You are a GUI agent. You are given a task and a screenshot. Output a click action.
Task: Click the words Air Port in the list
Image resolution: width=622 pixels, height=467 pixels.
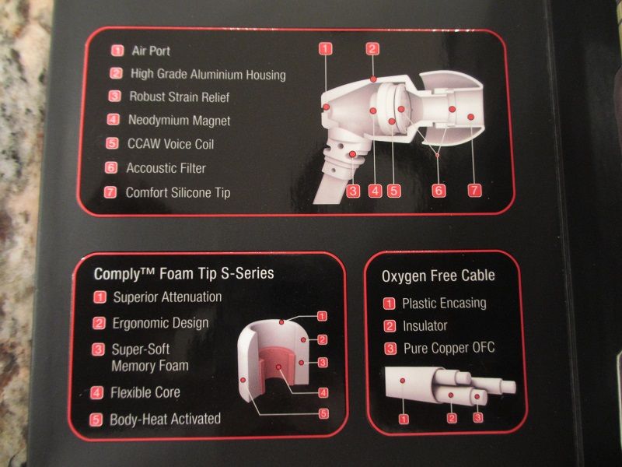[151, 51]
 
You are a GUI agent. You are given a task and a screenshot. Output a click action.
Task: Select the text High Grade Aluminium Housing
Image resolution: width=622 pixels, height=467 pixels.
[208, 74]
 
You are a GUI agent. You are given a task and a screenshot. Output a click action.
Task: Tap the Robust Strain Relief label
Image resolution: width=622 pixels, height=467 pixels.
[180, 97]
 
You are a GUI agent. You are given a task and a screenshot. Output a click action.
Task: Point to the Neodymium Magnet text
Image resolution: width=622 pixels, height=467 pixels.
[180, 120]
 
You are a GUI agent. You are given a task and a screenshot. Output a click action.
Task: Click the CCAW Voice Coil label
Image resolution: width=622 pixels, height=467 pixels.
[170, 144]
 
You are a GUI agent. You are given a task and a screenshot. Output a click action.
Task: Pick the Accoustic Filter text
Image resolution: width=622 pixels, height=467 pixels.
[166, 168]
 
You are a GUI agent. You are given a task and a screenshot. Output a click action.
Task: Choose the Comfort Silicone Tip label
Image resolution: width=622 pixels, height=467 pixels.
[178, 192]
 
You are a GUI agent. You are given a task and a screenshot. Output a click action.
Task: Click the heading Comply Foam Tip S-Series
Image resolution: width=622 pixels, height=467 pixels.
[183, 273]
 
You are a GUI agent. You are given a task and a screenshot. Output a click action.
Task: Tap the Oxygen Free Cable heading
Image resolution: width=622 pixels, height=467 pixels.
[439, 276]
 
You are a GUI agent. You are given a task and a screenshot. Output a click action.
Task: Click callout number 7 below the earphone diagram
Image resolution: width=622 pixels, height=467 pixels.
[474, 190]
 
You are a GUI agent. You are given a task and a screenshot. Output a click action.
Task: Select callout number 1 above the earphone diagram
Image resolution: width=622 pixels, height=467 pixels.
[325, 49]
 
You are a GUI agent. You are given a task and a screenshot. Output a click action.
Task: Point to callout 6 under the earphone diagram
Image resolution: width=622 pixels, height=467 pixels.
[439, 190]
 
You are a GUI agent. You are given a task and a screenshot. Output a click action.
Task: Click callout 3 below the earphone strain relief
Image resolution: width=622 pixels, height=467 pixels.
[353, 191]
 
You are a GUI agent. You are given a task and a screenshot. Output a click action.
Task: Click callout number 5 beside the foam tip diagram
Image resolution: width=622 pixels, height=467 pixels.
[323, 413]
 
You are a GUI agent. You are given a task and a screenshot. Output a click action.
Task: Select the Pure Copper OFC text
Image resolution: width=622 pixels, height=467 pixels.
[449, 348]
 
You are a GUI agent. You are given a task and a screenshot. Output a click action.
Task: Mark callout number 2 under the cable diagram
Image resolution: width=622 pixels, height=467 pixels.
[452, 418]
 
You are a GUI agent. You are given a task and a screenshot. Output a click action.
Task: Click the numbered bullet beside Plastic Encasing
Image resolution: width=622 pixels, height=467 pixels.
[390, 304]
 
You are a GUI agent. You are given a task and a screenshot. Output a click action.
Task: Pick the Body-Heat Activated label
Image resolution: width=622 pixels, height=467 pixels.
[165, 419]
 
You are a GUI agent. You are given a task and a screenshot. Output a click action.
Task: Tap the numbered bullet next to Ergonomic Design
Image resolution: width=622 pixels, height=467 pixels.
[99, 323]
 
